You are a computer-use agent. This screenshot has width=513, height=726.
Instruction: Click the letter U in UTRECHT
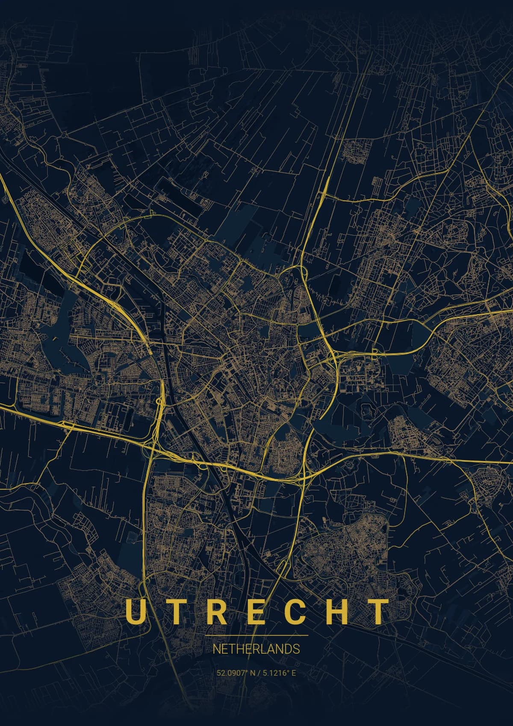point(134,611)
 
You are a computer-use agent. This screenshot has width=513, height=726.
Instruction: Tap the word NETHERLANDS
point(256,649)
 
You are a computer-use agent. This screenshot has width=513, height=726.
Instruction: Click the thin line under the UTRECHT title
point(256,635)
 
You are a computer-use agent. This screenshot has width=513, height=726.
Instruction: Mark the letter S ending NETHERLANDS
point(297,649)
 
